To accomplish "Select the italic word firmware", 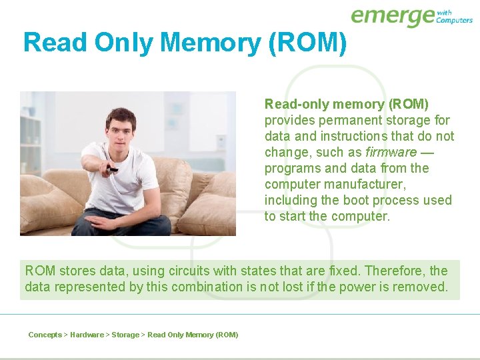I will (391, 152).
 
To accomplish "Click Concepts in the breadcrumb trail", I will (45, 335).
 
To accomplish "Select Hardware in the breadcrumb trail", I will (87, 335).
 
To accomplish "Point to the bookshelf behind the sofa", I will (30, 140).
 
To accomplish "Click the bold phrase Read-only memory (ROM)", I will (347, 104).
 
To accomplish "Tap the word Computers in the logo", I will (454, 20).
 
